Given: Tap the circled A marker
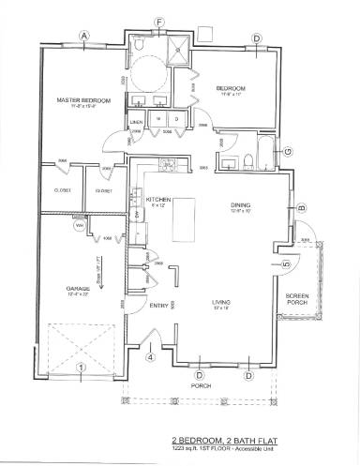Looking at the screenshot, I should click(84, 37).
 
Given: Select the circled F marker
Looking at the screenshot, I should click(159, 22).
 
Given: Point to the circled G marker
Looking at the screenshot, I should click(287, 151).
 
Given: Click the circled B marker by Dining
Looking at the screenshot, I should click(302, 207).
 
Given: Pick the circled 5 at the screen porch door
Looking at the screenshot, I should click(286, 265).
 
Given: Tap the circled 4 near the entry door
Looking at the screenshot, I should click(150, 355).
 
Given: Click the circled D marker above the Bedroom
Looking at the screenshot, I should click(256, 38).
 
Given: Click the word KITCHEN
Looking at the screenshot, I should click(158, 200).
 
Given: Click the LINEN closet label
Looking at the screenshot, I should click(136, 123).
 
